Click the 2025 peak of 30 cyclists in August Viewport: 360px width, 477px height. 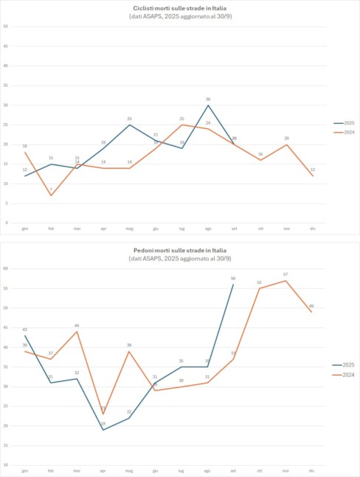[208, 105]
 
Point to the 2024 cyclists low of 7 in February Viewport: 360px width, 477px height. [50, 195]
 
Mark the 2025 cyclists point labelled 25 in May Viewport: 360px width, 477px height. [129, 125]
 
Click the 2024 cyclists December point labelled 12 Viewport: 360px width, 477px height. [313, 175]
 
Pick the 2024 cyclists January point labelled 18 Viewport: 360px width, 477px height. [24, 152]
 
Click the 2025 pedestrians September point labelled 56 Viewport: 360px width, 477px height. [233, 285]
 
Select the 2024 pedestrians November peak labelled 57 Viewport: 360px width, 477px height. [285, 280]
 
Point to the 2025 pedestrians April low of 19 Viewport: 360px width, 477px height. [103, 430]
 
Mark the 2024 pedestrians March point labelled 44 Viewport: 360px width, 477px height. [77, 332]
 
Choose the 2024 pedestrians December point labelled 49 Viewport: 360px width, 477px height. [313, 312]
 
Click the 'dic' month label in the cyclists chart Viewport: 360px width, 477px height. [313, 229]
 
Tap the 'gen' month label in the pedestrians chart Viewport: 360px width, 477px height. [24, 470]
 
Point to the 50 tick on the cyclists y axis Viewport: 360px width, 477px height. [6, 27]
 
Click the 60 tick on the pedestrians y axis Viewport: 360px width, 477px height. [6, 268]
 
